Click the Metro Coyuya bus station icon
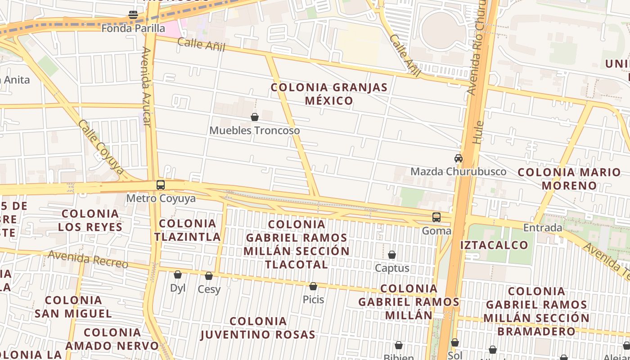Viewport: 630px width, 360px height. click(161, 185)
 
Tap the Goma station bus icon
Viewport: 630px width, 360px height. click(436, 217)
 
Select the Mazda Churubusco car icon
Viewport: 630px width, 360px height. click(459, 158)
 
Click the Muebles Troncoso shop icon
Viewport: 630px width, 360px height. click(255, 117)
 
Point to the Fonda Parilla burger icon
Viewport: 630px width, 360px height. click(133, 15)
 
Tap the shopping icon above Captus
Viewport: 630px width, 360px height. click(392, 255)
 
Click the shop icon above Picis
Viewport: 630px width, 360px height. click(313, 286)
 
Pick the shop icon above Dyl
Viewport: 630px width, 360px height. click(178, 274)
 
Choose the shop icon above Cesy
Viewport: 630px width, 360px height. click(209, 276)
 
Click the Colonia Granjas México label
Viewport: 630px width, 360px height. click(329, 94)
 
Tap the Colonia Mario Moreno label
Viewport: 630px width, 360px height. click(569, 179)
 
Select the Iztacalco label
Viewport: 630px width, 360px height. click(494, 245)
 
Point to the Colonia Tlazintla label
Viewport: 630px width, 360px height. click(187, 230)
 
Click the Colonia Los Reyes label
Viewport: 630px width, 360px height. click(90, 220)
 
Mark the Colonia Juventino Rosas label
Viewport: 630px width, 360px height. click(258, 328)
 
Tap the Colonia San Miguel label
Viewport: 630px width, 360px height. click(73, 306)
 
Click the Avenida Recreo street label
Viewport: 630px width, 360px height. click(88, 259)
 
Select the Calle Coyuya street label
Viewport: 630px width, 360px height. click(101, 147)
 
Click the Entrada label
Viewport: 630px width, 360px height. click(543, 228)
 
